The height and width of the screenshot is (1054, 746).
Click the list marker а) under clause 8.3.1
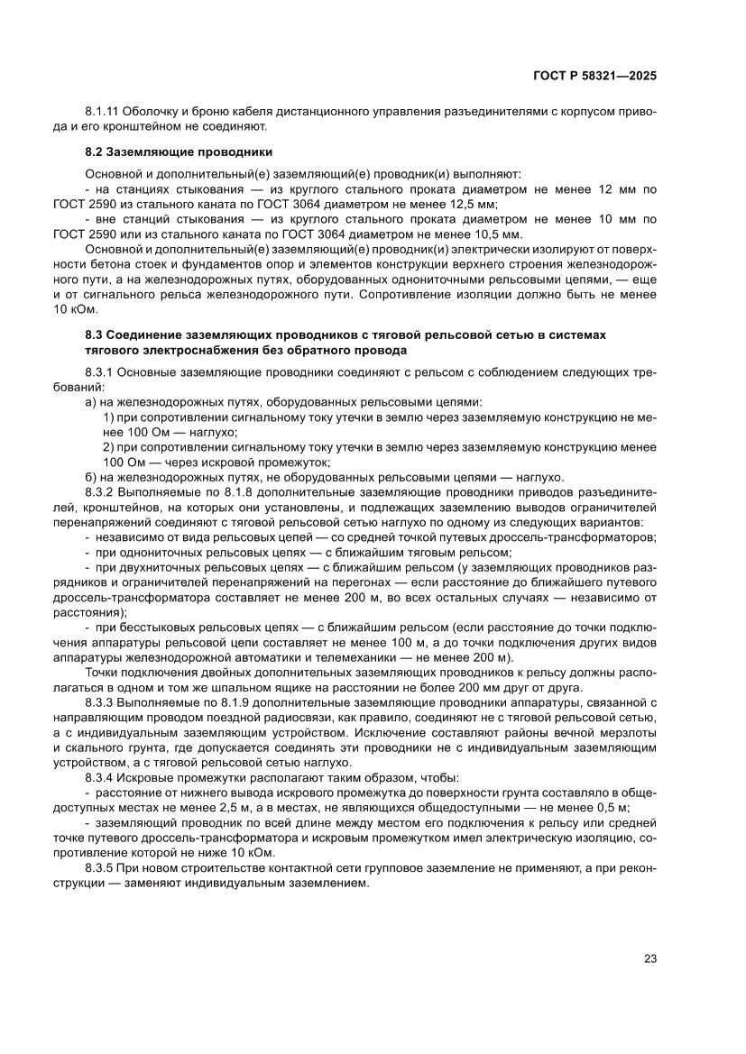(90, 402)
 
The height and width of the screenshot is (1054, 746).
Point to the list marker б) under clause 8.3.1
(90, 477)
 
